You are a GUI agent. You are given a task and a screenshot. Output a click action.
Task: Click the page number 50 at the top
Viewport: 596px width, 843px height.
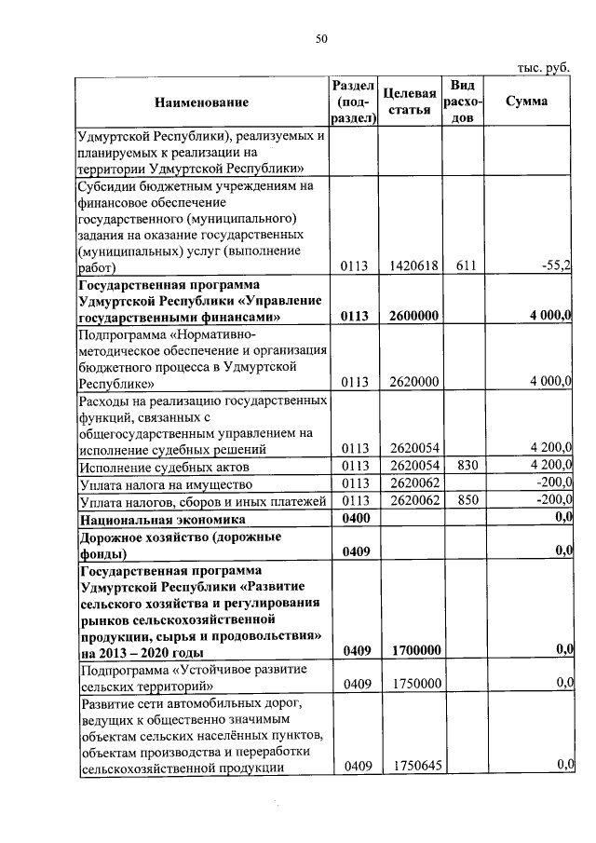(321, 38)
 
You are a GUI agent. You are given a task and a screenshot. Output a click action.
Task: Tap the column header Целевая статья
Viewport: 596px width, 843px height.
(410, 102)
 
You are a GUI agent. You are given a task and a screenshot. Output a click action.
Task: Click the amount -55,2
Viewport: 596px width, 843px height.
(556, 266)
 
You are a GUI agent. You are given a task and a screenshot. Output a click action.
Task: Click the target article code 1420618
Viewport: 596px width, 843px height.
(410, 266)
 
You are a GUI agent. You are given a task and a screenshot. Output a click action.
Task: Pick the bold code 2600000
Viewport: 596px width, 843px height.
(410, 317)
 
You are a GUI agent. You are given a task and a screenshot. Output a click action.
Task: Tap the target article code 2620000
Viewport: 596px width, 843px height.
(410, 381)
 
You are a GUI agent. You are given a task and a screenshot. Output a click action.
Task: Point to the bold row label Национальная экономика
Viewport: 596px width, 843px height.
(163, 518)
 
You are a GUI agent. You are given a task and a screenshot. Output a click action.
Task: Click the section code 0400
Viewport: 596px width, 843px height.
(357, 518)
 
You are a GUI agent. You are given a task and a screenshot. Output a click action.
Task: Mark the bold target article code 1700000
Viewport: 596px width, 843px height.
(410, 651)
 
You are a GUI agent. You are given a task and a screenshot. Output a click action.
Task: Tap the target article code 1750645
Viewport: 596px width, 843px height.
(410, 766)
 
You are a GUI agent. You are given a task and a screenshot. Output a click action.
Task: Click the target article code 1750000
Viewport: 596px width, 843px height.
(410, 685)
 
